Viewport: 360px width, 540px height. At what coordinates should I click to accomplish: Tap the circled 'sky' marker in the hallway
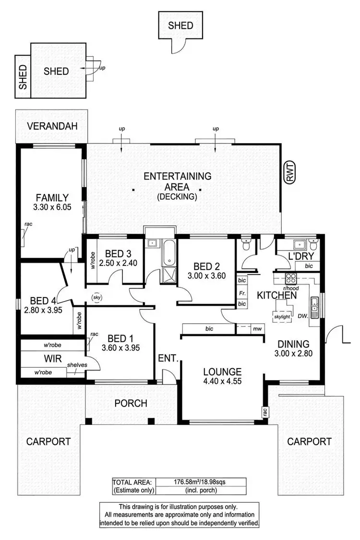click(96, 298)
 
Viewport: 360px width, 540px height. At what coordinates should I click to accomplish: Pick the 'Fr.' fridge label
click(242, 292)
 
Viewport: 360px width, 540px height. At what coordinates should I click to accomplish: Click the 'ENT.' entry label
click(168, 358)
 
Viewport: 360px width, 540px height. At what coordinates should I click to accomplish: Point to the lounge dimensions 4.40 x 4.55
click(222, 383)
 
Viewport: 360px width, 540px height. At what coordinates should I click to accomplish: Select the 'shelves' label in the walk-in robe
click(76, 365)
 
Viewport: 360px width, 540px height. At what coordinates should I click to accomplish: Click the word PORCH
click(131, 403)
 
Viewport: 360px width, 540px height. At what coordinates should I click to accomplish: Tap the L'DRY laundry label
click(300, 256)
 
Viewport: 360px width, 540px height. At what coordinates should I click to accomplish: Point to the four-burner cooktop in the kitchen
click(291, 278)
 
